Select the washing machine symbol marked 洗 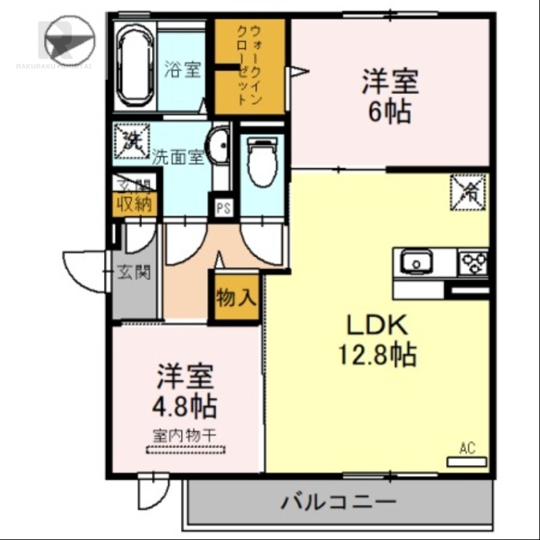[x=130, y=142]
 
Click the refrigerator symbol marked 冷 [x=468, y=191]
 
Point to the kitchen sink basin [x=416, y=261]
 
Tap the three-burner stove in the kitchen [x=474, y=261]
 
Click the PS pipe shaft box [x=223, y=208]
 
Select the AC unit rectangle [x=467, y=462]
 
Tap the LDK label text [x=377, y=327]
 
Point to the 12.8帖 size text [x=378, y=354]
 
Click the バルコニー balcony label [x=337, y=502]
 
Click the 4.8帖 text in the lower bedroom [x=186, y=406]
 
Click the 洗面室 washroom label [x=178, y=157]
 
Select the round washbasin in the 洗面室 [x=217, y=146]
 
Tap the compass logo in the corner [x=69, y=39]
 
